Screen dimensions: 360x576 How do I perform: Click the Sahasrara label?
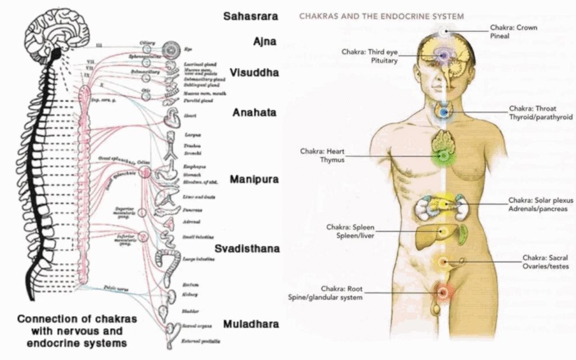pyautogui.click(x=250, y=16)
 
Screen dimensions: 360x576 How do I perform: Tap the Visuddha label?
pyautogui.click(x=254, y=73)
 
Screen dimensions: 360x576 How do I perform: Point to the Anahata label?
pyautogui.click(x=255, y=112)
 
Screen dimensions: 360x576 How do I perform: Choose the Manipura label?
pyautogui.click(x=254, y=179)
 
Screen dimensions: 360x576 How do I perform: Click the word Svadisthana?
pyautogui.click(x=247, y=248)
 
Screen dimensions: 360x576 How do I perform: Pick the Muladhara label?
pyautogui.click(x=251, y=324)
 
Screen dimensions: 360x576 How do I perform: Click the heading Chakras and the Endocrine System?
pyautogui.click(x=381, y=16)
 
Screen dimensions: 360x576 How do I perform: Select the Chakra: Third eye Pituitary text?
pyautogui.click(x=370, y=56)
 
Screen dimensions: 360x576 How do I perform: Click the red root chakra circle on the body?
pyautogui.click(x=442, y=292)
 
